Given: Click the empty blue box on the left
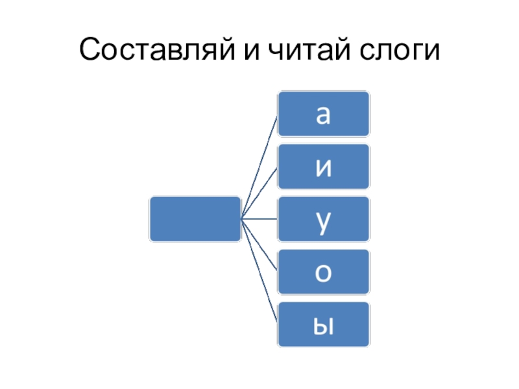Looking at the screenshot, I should click(195, 219).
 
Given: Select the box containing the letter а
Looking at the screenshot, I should click(324, 114).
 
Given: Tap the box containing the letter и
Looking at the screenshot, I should click(324, 166).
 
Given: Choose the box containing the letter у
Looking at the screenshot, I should click(324, 219).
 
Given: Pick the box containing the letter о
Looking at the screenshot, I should click(324, 271).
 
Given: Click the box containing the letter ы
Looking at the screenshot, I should click(324, 324).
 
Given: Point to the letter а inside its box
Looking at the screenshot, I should click(323, 115).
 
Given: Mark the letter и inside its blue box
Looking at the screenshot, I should click(323, 167).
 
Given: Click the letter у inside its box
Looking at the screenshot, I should click(323, 220).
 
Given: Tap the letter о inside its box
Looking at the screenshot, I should click(323, 272).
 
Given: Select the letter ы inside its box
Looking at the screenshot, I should click(323, 325).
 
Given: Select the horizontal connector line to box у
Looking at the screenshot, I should click(259, 219).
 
